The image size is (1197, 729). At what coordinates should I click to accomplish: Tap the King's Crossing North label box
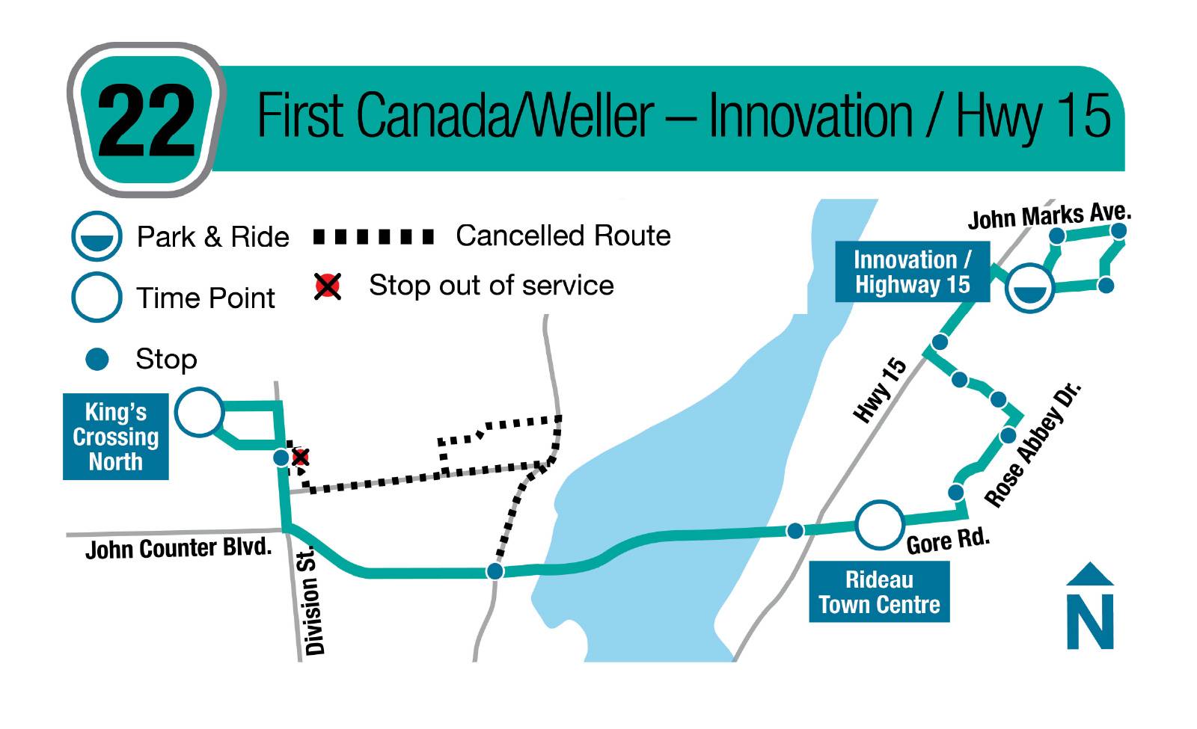[x=116, y=437]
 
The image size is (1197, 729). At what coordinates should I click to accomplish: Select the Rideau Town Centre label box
[x=879, y=591]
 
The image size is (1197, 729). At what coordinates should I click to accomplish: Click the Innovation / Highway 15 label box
[x=912, y=272]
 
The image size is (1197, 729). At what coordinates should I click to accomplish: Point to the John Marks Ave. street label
[x=1050, y=216]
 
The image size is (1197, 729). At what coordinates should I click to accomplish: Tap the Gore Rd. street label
[x=949, y=541]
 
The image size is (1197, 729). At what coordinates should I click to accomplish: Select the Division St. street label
[x=313, y=601]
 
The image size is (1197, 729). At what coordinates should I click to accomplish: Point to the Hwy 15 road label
[x=880, y=390]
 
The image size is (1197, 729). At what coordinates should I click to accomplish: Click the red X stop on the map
[x=300, y=457]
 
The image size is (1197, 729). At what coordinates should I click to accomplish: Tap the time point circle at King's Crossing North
[x=199, y=412]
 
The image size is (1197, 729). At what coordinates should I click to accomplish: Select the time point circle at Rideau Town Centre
[x=880, y=524]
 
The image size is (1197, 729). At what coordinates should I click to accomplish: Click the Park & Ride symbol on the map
[x=1029, y=288]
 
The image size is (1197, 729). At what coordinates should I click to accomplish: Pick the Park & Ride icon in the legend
[x=97, y=236]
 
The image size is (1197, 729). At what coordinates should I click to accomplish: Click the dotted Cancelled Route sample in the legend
[x=373, y=236]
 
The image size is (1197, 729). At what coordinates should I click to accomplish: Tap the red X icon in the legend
[x=328, y=286]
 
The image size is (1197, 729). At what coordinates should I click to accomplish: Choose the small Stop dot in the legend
[x=97, y=359]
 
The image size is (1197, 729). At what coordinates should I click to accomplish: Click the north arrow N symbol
[x=1090, y=606]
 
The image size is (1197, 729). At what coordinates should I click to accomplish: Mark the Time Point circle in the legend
[x=97, y=297]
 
